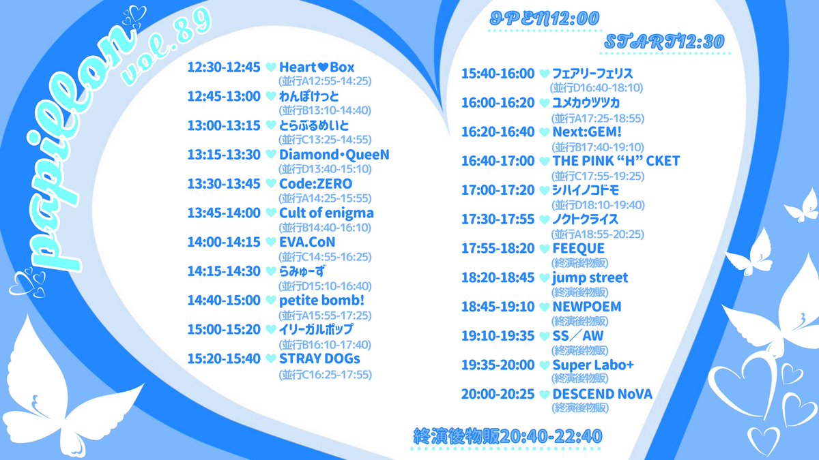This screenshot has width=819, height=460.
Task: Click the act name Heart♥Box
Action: click(317, 67)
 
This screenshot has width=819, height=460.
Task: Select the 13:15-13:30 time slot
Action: click(224, 155)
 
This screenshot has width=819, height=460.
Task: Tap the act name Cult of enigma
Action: click(326, 213)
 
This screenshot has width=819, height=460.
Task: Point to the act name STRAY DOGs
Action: click(319, 358)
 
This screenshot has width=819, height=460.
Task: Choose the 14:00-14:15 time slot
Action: click(224, 242)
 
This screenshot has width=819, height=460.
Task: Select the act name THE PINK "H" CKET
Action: click(616, 162)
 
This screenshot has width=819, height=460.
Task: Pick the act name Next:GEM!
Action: click(588, 132)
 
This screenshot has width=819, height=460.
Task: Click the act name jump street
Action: click(590, 278)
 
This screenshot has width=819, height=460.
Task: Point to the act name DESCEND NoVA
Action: click(603, 394)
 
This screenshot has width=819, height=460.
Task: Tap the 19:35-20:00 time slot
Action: click(498, 365)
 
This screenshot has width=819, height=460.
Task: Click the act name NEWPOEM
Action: click(587, 307)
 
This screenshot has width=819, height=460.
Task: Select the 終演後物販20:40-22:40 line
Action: click(508, 435)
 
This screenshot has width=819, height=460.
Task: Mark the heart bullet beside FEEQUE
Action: click(544, 249)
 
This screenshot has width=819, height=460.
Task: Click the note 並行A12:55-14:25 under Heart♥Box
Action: click(324, 81)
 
